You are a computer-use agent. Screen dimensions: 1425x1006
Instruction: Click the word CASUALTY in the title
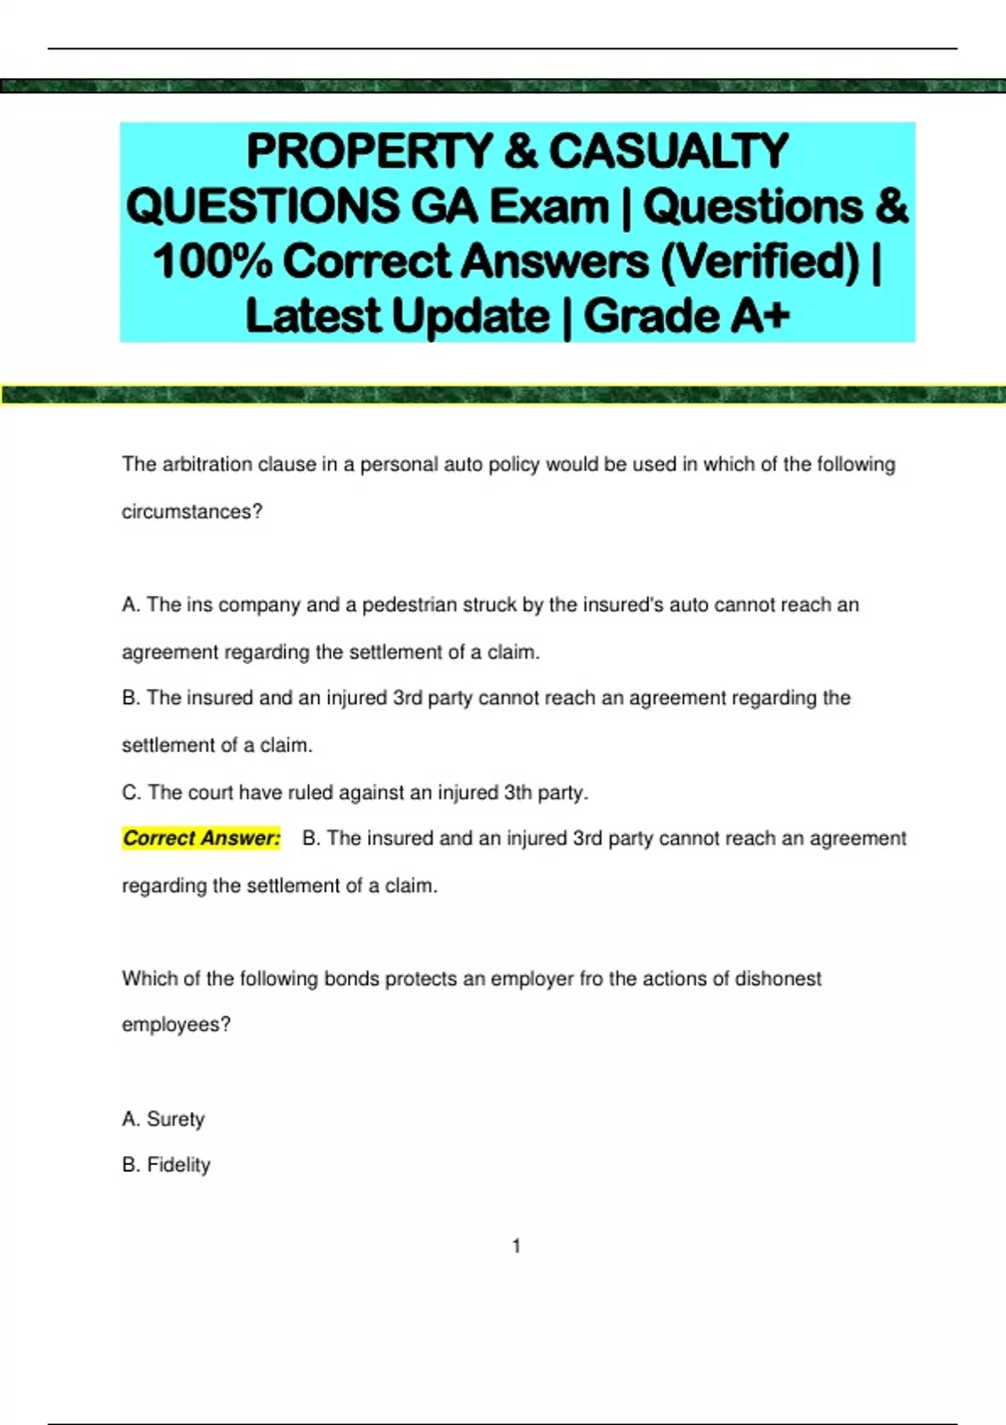click(x=668, y=152)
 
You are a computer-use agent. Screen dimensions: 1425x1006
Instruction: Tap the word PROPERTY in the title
click(x=369, y=152)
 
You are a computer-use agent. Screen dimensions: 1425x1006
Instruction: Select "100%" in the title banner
click(x=213, y=262)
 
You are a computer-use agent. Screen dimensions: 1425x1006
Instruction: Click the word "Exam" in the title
click(x=549, y=207)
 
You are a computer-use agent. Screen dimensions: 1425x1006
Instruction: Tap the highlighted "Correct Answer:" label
click(x=201, y=838)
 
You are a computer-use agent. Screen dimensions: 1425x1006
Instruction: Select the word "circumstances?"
click(x=192, y=511)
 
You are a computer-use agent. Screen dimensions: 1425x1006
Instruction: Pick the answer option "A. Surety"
click(x=163, y=1119)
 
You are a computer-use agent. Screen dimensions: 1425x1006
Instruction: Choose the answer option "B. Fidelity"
click(x=166, y=1165)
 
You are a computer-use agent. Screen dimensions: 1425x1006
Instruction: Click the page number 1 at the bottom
click(x=516, y=1246)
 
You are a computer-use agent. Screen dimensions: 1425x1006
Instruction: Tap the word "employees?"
click(x=176, y=1024)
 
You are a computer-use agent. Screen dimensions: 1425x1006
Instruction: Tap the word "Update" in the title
click(x=470, y=316)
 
